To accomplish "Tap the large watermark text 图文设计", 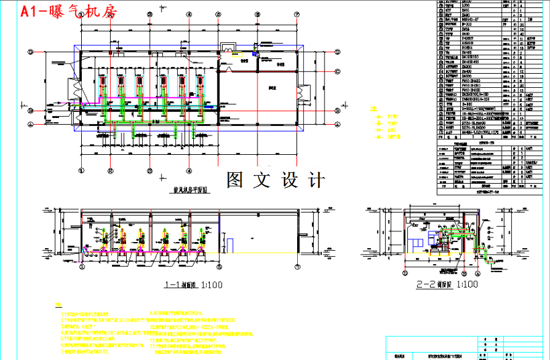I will [x=276, y=180].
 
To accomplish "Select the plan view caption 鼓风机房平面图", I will [x=187, y=190].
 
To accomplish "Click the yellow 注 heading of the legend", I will [x=374, y=109].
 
